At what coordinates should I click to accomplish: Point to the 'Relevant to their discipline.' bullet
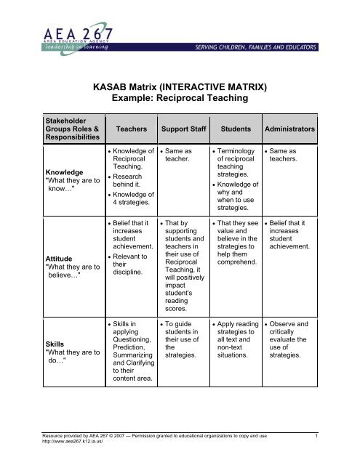[x=131, y=266]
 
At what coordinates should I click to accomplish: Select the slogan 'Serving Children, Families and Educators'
[x=275, y=47]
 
